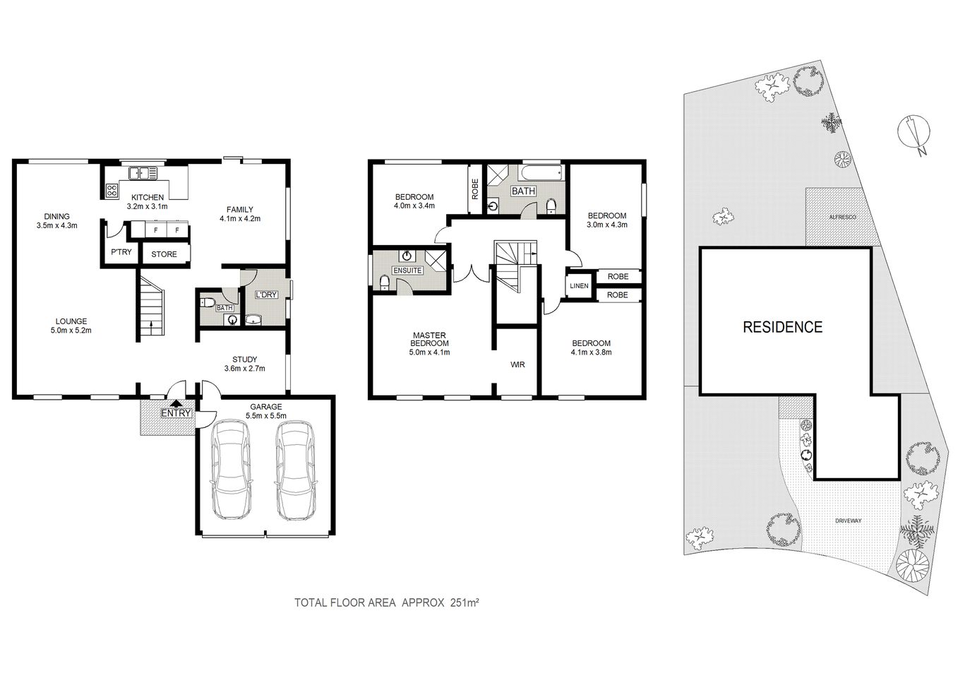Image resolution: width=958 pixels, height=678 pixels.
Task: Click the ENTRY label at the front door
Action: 176,413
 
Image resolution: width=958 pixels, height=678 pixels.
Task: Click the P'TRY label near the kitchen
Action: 120,252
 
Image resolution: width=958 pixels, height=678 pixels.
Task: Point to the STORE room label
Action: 164,254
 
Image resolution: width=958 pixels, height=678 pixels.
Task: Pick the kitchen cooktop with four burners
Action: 112,190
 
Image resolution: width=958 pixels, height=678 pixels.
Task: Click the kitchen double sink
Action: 142,172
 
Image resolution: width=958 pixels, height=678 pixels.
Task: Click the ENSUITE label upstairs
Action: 407,270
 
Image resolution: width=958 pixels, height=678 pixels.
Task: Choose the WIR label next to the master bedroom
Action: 517,364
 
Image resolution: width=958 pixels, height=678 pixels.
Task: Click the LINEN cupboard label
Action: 579,285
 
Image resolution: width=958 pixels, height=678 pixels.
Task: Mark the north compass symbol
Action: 914,134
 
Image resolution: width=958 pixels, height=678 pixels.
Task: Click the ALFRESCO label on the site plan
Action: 842,218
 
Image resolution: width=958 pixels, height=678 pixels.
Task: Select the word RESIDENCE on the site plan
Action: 782,327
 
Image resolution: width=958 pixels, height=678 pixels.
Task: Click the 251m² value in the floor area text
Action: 465,602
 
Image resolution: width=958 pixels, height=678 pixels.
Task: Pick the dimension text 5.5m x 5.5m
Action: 266,416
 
